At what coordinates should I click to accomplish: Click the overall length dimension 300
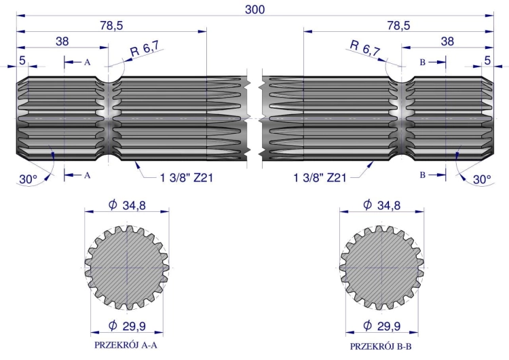tap(255, 9)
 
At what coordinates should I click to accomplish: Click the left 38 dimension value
tap(62, 41)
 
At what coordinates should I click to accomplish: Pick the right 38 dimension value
tap(447, 41)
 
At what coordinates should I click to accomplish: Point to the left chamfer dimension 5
tap(23, 60)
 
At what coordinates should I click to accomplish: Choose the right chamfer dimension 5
tap(487, 60)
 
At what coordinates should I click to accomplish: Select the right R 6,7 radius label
tap(364, 48)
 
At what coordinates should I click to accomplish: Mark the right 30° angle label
tap(481, 179)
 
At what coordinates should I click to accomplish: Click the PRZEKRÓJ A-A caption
tap(127, 344)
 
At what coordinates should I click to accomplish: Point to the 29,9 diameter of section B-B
tap(382, 325)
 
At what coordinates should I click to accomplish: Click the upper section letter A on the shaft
tap(87, 62)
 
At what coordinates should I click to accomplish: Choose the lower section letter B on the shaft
tap(423, 175)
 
